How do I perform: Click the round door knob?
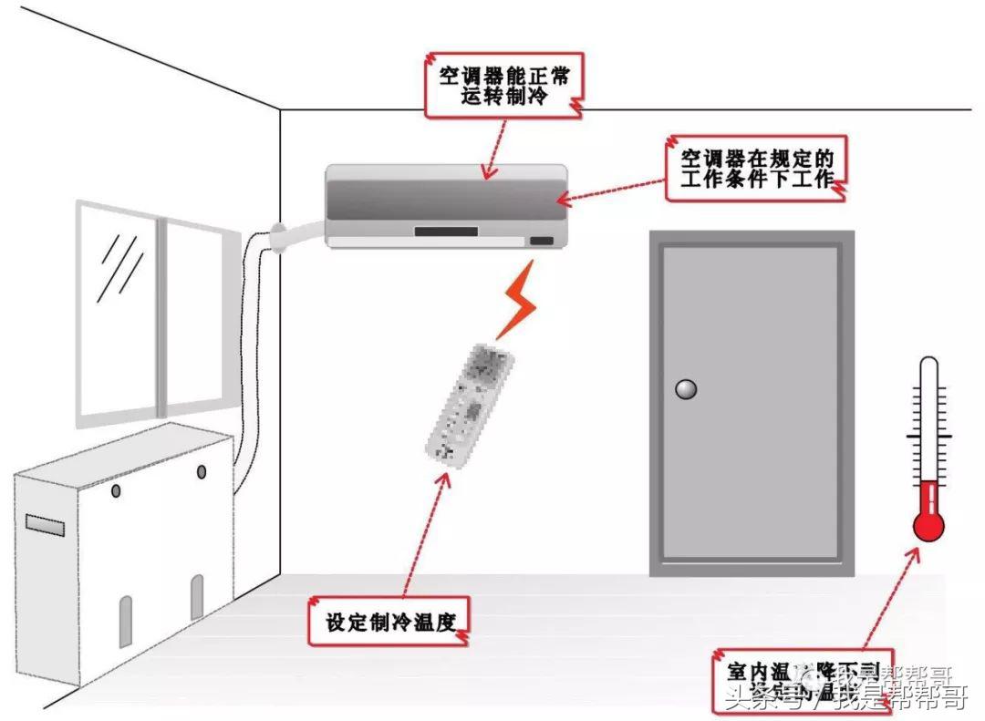coord(685,390)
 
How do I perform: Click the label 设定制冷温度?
coord(389,622)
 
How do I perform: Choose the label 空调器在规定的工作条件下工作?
coord(756,168)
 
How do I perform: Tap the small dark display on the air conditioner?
coord(541,241)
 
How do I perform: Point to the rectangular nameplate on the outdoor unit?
coord(45,525)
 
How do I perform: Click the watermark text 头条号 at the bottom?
coord(752,700)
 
